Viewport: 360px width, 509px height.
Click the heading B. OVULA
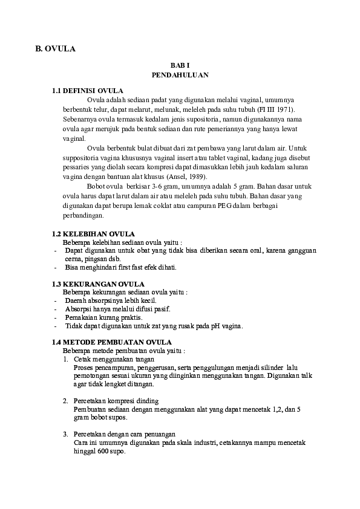pos(55,49)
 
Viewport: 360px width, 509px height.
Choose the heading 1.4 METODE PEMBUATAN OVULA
pos(112,342)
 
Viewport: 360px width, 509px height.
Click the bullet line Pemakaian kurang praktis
pos(103,317)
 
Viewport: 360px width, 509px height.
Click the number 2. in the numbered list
pos(66,401)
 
